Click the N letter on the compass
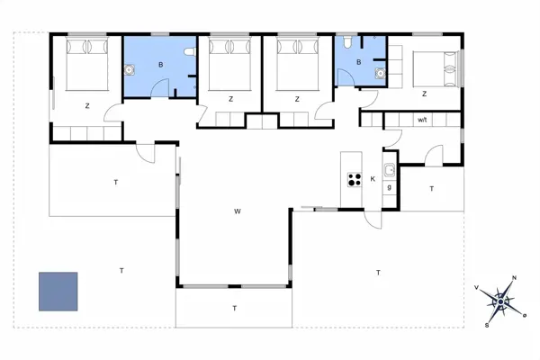pyautogui.click(x=514, y=278)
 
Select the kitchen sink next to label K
pyautogui.click(x=389, y=170)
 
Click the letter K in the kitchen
pyautogui.click(x=373, y=179)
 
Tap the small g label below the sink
pyautogui.click(x=389, y=187)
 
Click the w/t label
pyautogui.click(x=422, y=119)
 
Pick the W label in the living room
pyautogui.click(x=238, y=211)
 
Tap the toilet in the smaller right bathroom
pyautogui.click(x=347, y=42)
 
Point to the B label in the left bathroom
pyautogui.click(x=160, y=65)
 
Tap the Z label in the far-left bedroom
pyautogui.click(x=87, y=106)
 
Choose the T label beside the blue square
pyautogui.click(x=121, y=269)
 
